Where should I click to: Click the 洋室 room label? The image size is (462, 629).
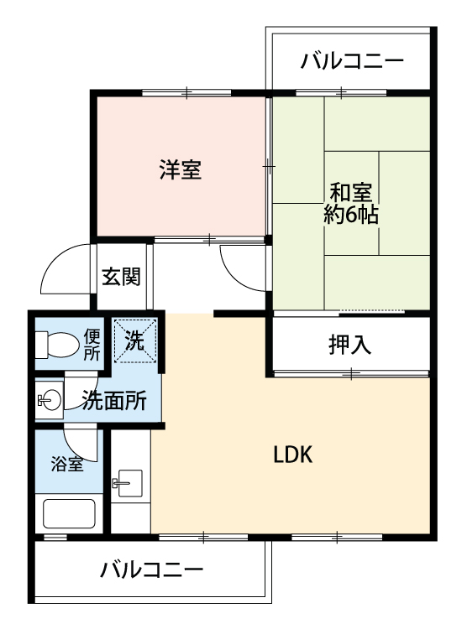click(180, 169)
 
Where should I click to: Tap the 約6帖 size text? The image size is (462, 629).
click(351, 216)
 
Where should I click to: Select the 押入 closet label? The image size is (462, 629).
click(350, 345)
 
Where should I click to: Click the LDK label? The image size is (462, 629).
click(293, 455)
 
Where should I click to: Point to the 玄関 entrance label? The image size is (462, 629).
click(121, 277)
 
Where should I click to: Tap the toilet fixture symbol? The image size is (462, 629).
click(57, 344)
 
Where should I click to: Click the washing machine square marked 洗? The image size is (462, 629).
click(134, 340)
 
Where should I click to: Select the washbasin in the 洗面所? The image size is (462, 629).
click(49, 399)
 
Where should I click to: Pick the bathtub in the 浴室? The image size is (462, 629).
click(69, 514)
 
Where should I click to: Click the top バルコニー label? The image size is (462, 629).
click(352, 61)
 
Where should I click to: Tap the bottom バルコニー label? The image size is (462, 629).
click(152, 569)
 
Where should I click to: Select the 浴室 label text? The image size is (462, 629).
click(67, 464)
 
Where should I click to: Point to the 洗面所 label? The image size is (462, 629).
click(114, 400)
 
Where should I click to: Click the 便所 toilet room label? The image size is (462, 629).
click(92, 344)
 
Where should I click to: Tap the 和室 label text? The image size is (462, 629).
click(351, 192)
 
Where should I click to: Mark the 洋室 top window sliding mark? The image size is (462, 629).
click(187, 92)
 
